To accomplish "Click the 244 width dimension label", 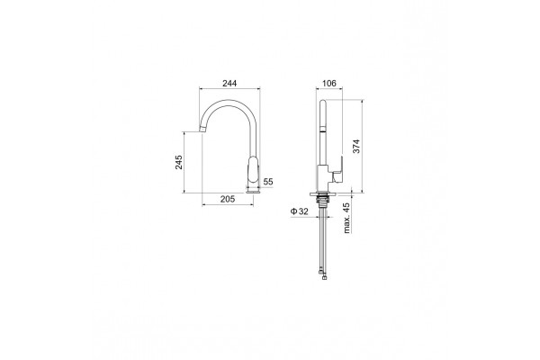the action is pos(229,84).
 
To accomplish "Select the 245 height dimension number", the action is pos(179,162).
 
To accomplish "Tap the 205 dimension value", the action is pos(228,199).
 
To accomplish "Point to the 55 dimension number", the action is pos(268,182).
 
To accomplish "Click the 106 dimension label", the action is pos(328,84).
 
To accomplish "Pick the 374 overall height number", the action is pos(356,147).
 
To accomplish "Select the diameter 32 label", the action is pos(300,211).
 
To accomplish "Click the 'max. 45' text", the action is pos(346,218).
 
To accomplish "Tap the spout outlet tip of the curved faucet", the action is pos(202,130).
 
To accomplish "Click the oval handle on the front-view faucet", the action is pos(253,170).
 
